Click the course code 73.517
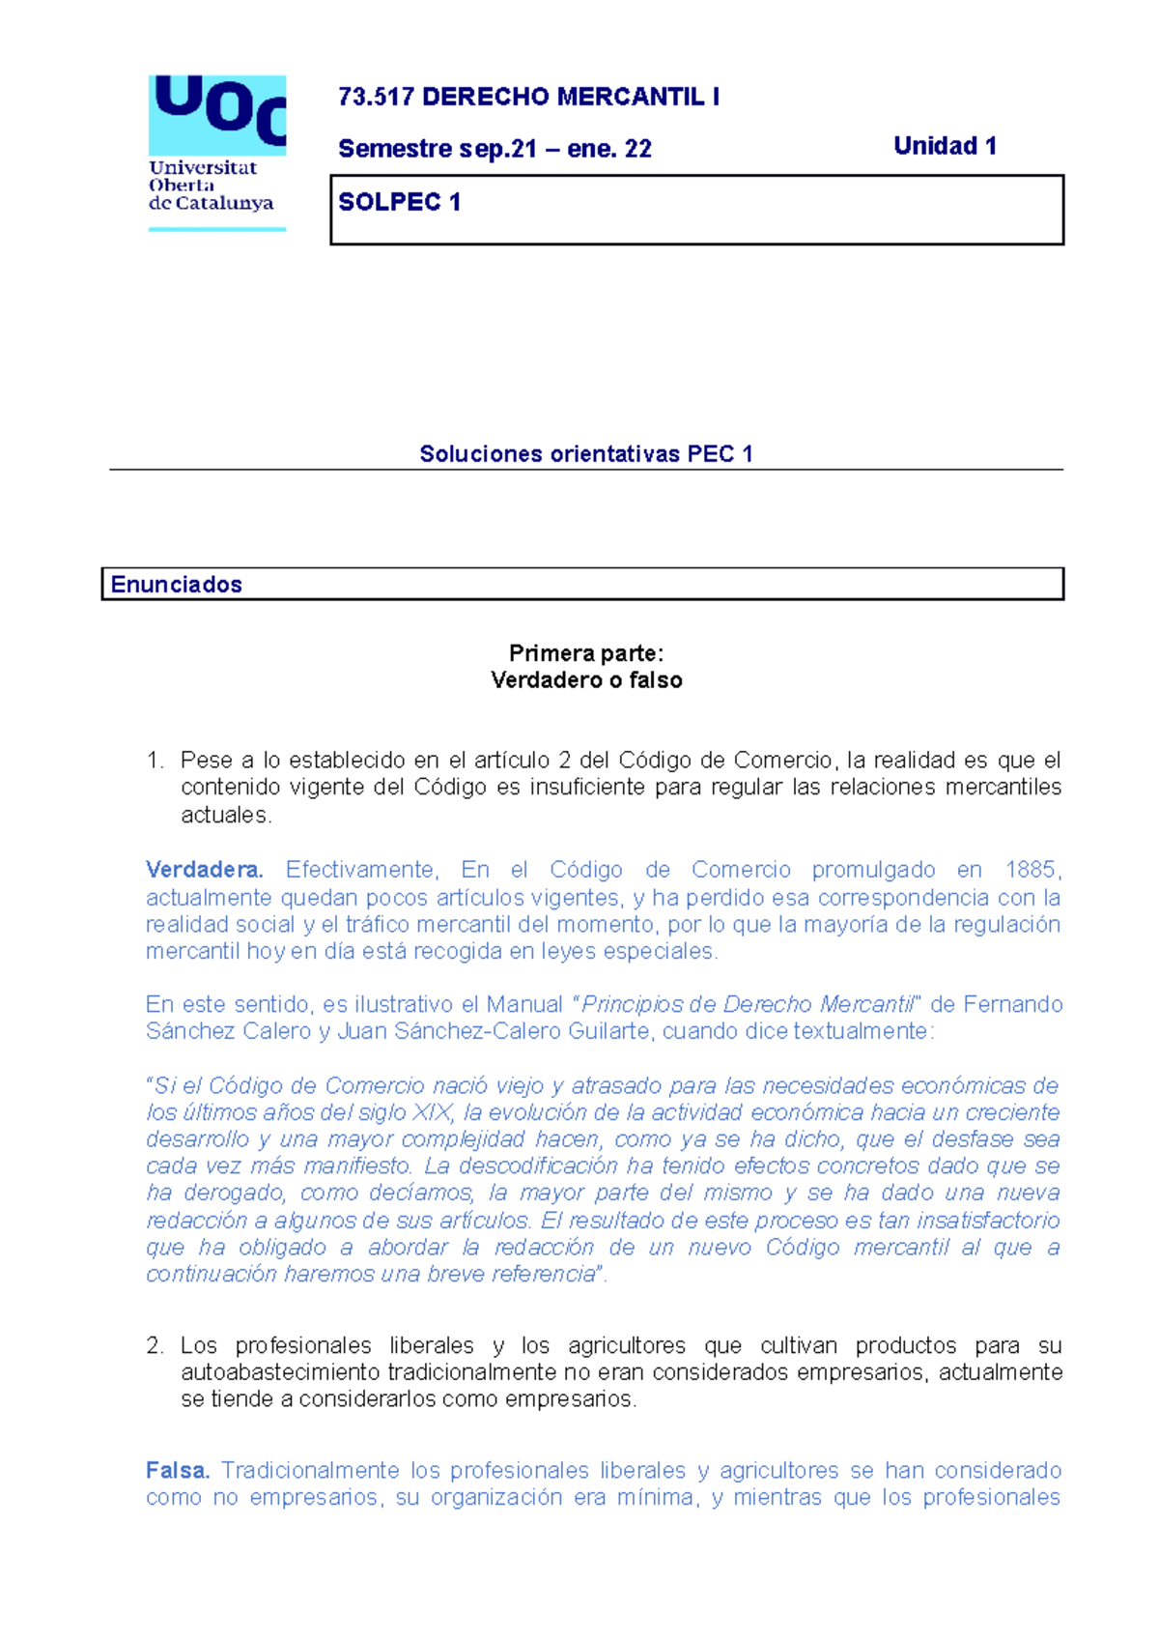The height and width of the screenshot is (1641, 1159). [x=376, y=97]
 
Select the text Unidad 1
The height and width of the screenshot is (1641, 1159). [x=945, y=146]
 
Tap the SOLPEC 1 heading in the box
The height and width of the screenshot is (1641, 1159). [x=399, y=202]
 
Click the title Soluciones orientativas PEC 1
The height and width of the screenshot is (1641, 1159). [x=585, y=454]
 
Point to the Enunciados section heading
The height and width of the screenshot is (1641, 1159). [x=176, y=585]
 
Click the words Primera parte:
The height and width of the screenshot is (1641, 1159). [x=585, y=653]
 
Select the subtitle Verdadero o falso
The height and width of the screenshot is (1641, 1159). [x=585, y=680]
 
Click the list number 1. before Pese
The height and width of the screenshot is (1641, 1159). [x=155, y=761]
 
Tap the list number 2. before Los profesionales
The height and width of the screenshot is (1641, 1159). [x=155, y=1345]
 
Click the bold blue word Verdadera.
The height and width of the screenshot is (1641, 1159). [x=204, y=870]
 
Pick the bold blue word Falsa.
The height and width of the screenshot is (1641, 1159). [x=178, y=1470]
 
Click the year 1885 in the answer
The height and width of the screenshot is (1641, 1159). [x=1032, y=870]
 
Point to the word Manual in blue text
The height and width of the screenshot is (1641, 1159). [x=523, y=1004]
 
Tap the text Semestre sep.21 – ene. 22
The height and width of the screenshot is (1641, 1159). [x=495, y=149]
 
